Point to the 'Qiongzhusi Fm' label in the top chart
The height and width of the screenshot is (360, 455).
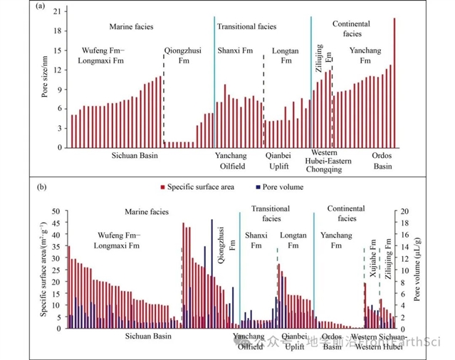pyautogui.click(x=184, y=56)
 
